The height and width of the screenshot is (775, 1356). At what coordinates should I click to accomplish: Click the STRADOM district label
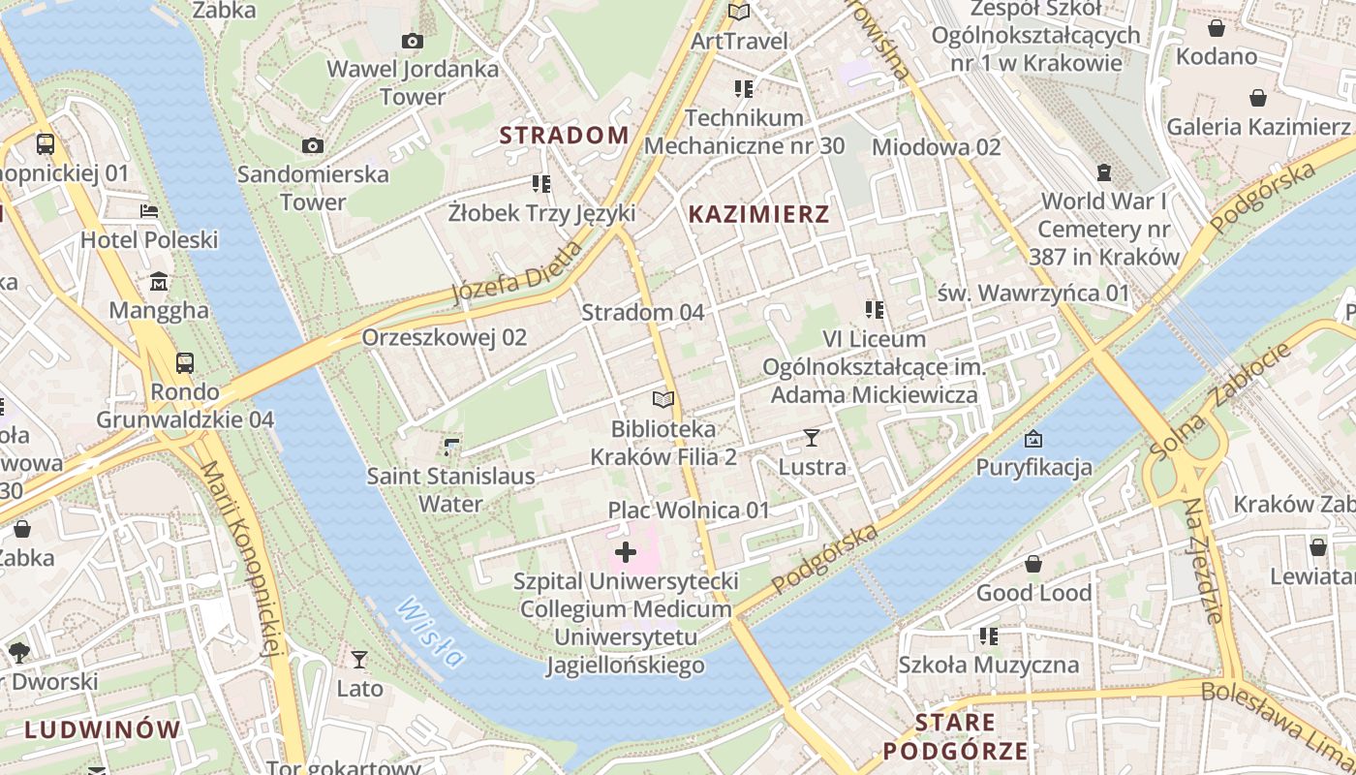(x=565, y=136)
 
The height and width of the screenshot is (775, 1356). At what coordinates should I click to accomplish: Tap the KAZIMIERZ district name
(x=758, y=215)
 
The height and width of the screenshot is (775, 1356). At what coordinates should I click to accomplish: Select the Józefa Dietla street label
(x=519, y=272)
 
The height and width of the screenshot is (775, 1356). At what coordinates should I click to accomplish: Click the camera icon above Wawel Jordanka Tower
(x=413, y=41)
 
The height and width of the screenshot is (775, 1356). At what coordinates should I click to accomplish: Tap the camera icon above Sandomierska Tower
(x=313, y=145)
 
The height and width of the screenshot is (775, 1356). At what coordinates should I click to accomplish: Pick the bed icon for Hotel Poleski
(x=149, y=210)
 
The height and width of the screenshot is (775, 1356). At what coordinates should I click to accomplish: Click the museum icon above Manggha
(x=159, y=282)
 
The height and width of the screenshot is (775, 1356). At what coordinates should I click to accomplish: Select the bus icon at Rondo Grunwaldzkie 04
(x=185, y=363)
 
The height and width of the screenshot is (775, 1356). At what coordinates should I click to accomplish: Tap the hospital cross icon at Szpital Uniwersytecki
(x=626, y=553)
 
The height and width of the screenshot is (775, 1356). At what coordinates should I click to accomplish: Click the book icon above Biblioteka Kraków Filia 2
(x=663, y=399)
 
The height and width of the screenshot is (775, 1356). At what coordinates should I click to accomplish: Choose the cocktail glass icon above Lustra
(x=812, y=438)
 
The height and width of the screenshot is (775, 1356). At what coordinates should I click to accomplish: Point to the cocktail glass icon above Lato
(x=359, y=660)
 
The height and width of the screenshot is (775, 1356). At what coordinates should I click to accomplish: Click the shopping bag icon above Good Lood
(x=1033, y=564)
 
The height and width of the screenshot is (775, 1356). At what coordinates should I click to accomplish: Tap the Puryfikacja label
(x=1033, y=468)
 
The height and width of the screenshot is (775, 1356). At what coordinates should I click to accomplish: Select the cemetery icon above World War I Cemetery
(x=1103, y=172)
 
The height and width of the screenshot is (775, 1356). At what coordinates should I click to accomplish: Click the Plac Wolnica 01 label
(x=689, y=510)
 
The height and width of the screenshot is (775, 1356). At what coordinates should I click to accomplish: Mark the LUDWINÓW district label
(x=103, y=729)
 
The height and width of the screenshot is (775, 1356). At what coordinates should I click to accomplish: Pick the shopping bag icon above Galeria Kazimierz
(x=1258, y=98)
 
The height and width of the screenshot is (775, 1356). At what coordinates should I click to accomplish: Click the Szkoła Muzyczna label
(x=988, y=666)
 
